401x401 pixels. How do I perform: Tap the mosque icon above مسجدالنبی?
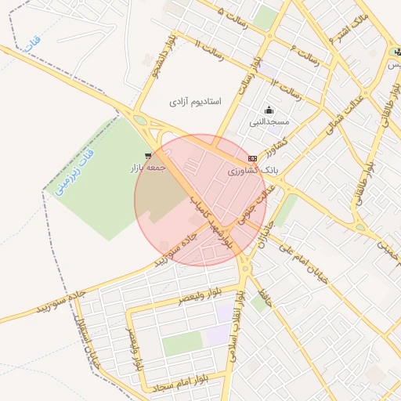[x=269, y=110]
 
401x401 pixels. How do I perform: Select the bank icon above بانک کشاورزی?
[x=252, y=157]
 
